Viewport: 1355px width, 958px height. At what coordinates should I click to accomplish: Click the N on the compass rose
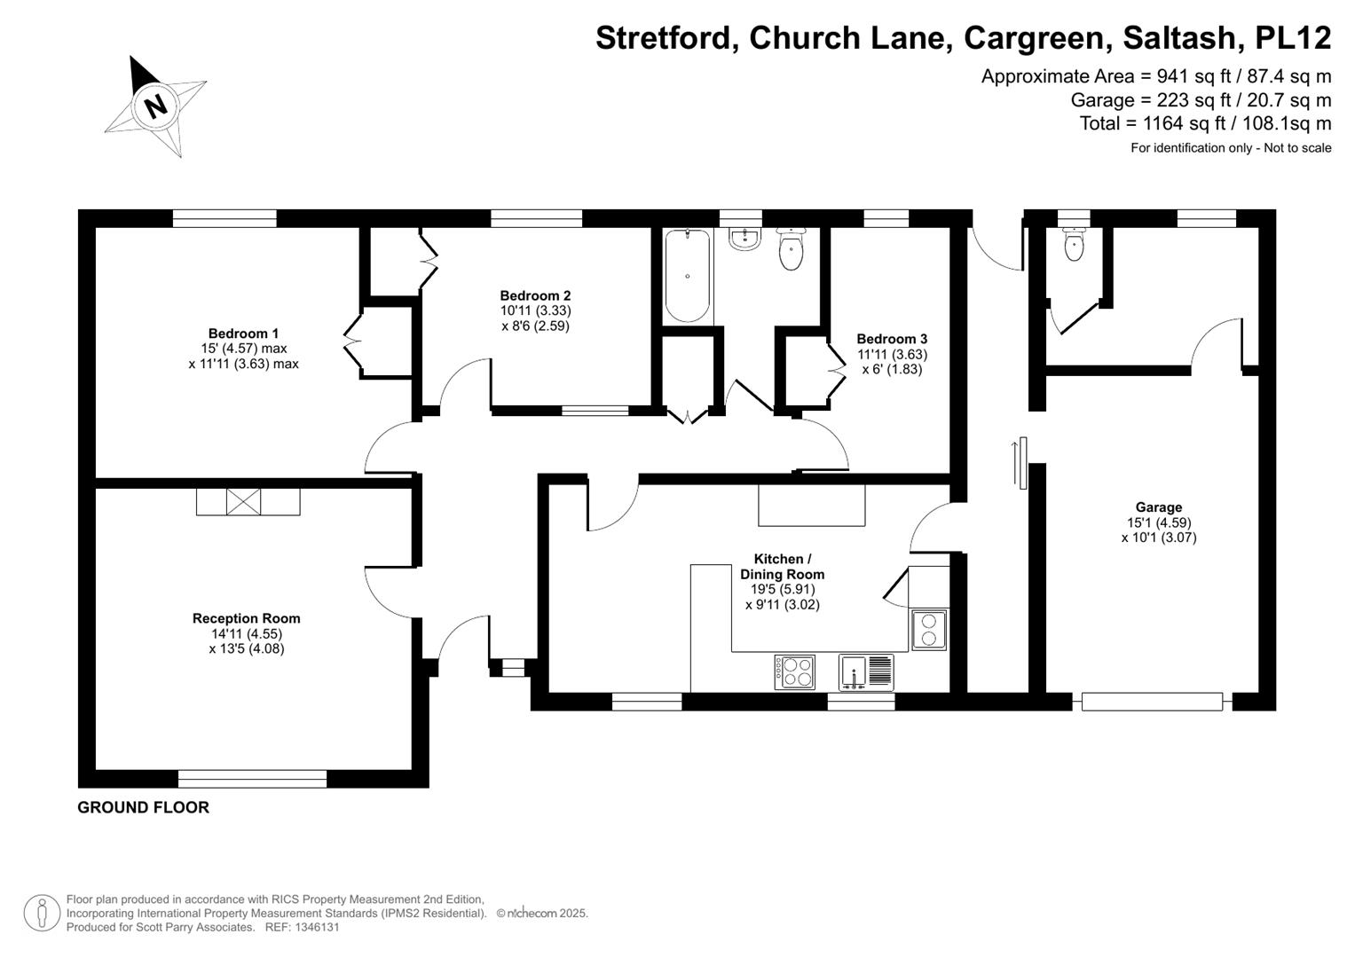click(x=156, y=107)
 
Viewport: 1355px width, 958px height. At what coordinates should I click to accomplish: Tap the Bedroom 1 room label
click(x=243, y=334)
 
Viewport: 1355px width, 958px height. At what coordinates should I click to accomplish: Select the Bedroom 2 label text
click(x=535, y=295)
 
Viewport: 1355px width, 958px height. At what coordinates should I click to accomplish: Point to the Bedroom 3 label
click(x=892, y=339)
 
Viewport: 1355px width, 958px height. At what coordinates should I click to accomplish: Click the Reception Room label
click(x=246, y=618)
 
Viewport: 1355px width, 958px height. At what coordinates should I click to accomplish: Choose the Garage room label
click(x=1158, y=507)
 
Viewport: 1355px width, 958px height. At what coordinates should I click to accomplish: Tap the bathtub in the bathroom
click(x=687, y=276)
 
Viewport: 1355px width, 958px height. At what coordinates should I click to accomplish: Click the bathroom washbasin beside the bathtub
click(x=744, y=239)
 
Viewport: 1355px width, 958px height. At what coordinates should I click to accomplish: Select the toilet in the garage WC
click(x=1074, y=244)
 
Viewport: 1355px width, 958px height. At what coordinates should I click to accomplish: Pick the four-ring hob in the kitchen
click(x=794, y=672)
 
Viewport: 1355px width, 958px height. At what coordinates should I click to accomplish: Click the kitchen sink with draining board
click(x=866, y=672)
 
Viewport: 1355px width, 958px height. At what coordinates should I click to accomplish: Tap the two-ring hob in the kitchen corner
click(x=929, y=630)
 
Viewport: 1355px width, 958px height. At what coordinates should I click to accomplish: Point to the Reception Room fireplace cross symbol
click(x=243, y=502)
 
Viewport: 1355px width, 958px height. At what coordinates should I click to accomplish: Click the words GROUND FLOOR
click(x=144, y=807)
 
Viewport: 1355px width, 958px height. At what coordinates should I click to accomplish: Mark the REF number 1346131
click(x=302, y=927)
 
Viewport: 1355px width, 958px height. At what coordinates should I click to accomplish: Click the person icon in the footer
click(x=42, y=914)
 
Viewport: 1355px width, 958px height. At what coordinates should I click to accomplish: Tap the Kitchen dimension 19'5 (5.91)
click(x=782, y=589)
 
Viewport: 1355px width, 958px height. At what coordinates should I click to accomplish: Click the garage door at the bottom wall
click(x=1153, y=702)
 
